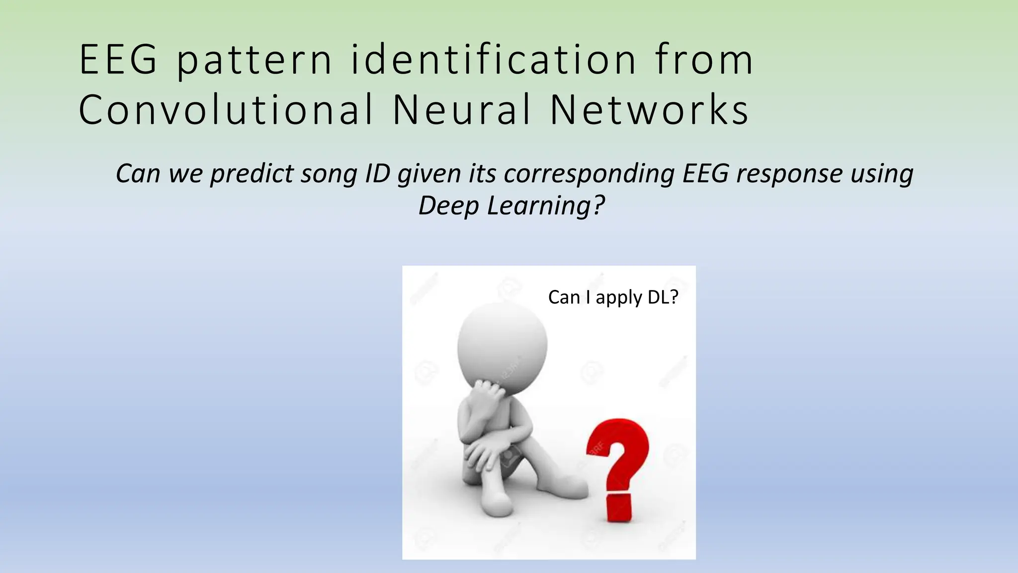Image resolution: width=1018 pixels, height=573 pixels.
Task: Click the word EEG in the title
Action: (x=118, y=60)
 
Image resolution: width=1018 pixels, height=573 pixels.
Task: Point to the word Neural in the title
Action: (x=462, y=110)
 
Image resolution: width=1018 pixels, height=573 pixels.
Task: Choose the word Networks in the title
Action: (x=649, y=110)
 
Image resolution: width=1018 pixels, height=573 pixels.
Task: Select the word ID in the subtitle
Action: (x=377, y=173)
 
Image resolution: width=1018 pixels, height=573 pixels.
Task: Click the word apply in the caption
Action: (x=619, y=298)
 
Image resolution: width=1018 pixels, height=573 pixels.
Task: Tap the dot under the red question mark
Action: (x=619, y=508)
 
